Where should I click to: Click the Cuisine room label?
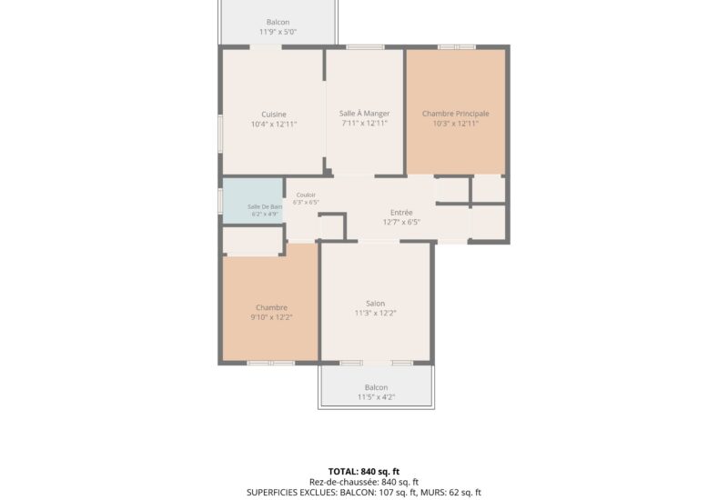274,115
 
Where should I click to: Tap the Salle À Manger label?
365,113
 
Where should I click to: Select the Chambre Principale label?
456,114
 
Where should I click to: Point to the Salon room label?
375,304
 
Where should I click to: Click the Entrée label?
401,213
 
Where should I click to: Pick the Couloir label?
306,195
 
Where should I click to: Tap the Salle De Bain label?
265,207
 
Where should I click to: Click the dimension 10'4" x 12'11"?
274,125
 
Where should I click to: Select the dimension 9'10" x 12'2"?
271,317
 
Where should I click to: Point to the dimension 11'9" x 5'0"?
278,32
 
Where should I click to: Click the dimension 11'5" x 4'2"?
376,397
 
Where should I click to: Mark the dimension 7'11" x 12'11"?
365,124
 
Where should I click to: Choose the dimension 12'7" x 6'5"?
401,222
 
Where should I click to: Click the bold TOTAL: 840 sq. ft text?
364,472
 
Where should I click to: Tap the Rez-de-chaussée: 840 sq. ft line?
364,483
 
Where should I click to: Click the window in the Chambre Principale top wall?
457,47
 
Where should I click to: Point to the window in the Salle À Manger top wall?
366,47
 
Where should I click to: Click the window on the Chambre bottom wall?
270,363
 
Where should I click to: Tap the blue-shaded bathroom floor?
253,201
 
